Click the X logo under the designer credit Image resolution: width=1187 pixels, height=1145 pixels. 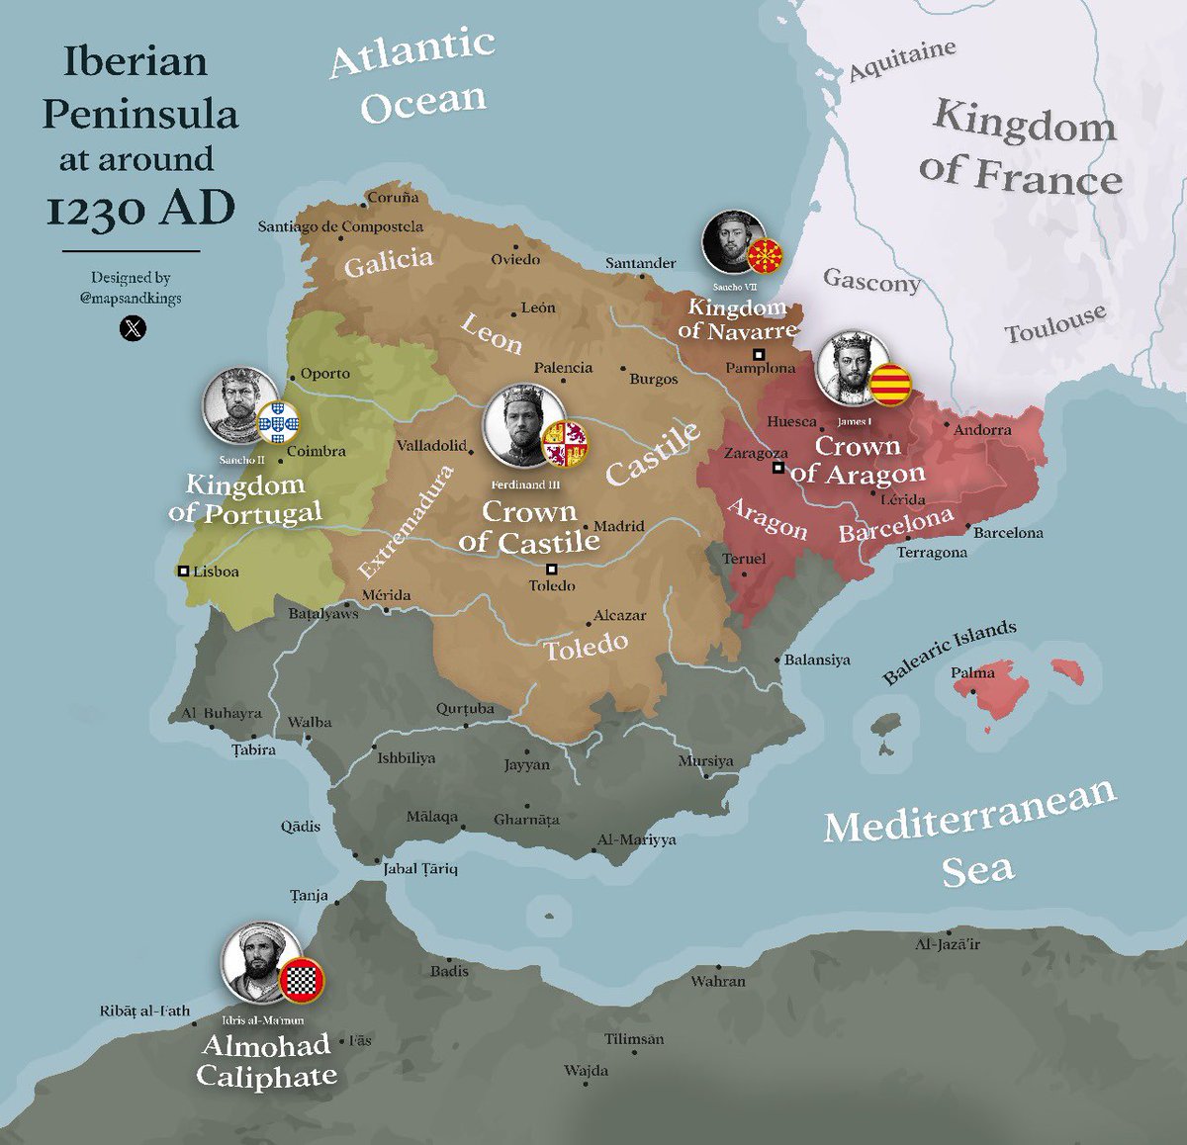pyautogui.click(x=133, y=327)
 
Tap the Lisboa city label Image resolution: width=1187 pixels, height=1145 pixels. pyautogui.click(x=216, y=572)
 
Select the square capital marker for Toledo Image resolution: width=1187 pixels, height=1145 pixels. pyautogui.click(x=552, y=569)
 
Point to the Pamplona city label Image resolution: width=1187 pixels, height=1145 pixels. pyautogui.click(x=760, y=369)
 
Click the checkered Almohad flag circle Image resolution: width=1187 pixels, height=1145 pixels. pyautogui.click(x=301, y=980)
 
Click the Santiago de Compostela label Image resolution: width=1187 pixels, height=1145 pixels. pyautogui.click(x=340, y=226)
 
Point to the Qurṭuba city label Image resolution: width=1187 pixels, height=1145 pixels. pyautogui.click(x=465, y=709)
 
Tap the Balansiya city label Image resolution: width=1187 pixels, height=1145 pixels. pyautogui.click(x=817, y=660)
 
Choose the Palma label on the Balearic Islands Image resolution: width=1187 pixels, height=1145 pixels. pyautogui.click(x=973, y=672)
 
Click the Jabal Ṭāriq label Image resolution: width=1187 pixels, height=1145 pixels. pyautogui.click(x=421, y=869)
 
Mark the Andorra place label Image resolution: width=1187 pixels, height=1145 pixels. pyautogui.click(x=982, y=430)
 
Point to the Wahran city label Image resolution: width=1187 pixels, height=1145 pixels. pyautogui.click(x=718, y=981)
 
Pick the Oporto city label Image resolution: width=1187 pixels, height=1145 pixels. pyautogui.click(x=325, y=374)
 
